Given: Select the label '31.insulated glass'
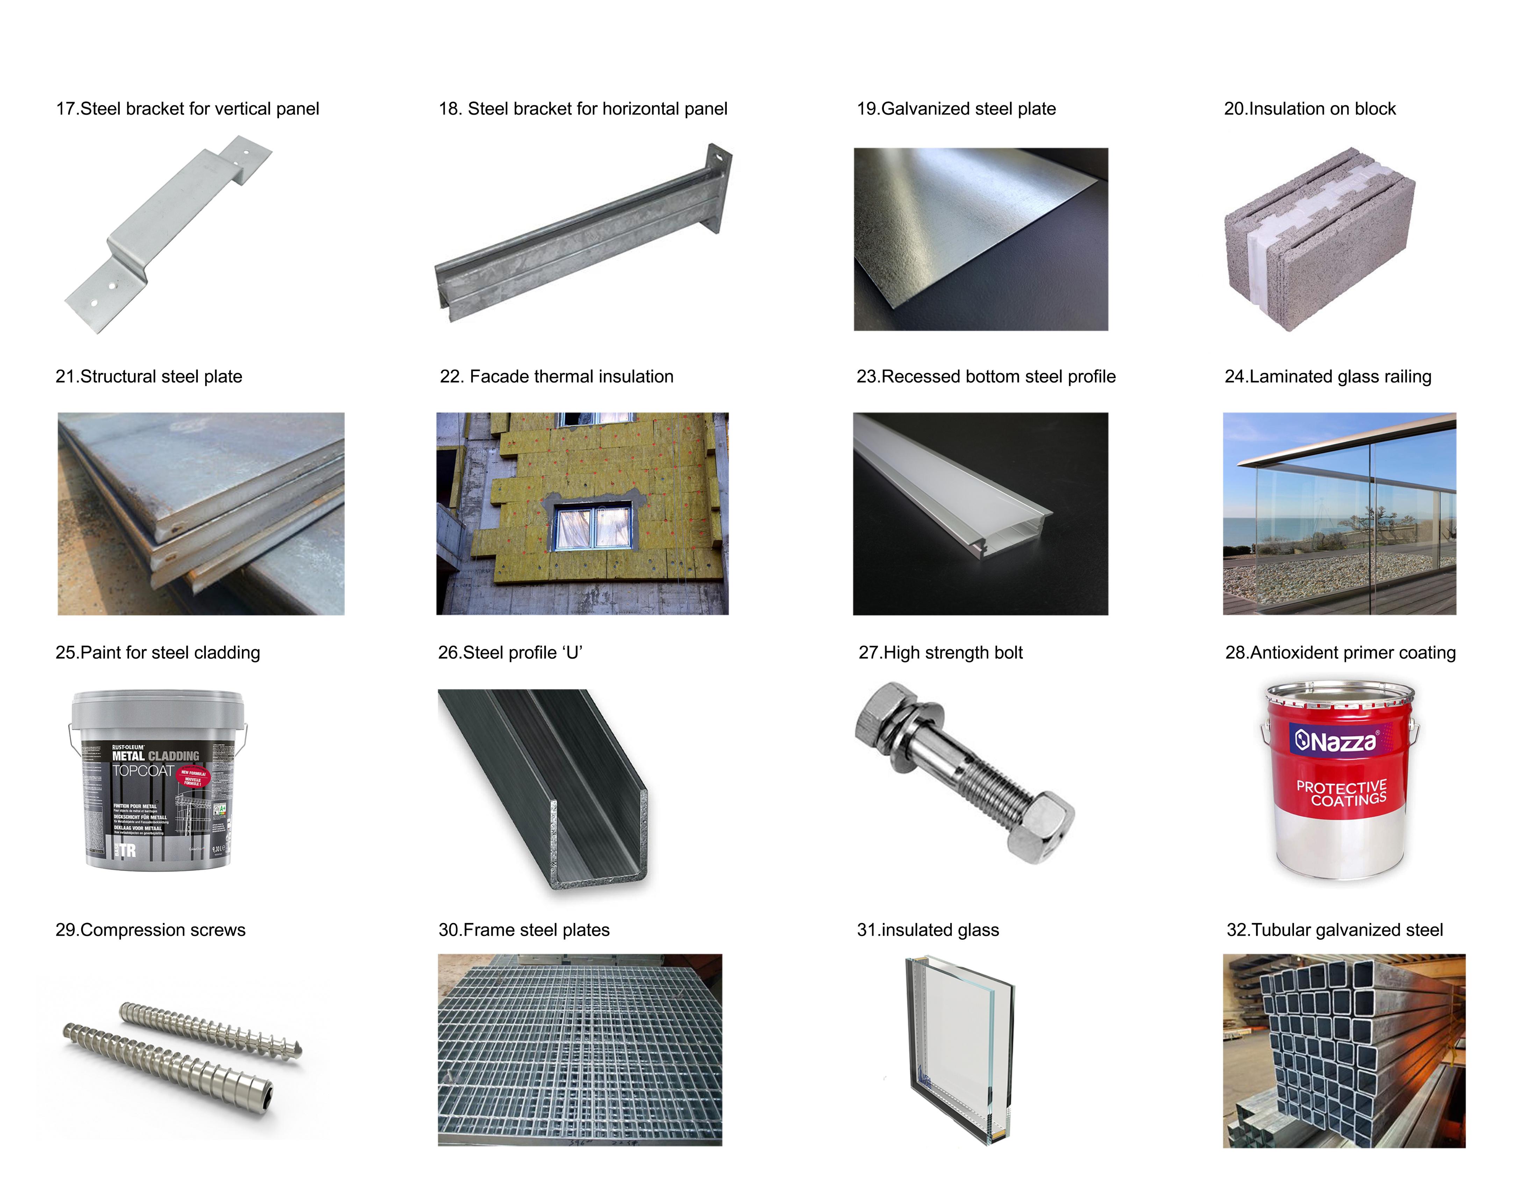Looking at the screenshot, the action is (x=928, y=930).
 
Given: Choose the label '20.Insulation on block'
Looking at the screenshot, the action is (x=1309, y=109).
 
